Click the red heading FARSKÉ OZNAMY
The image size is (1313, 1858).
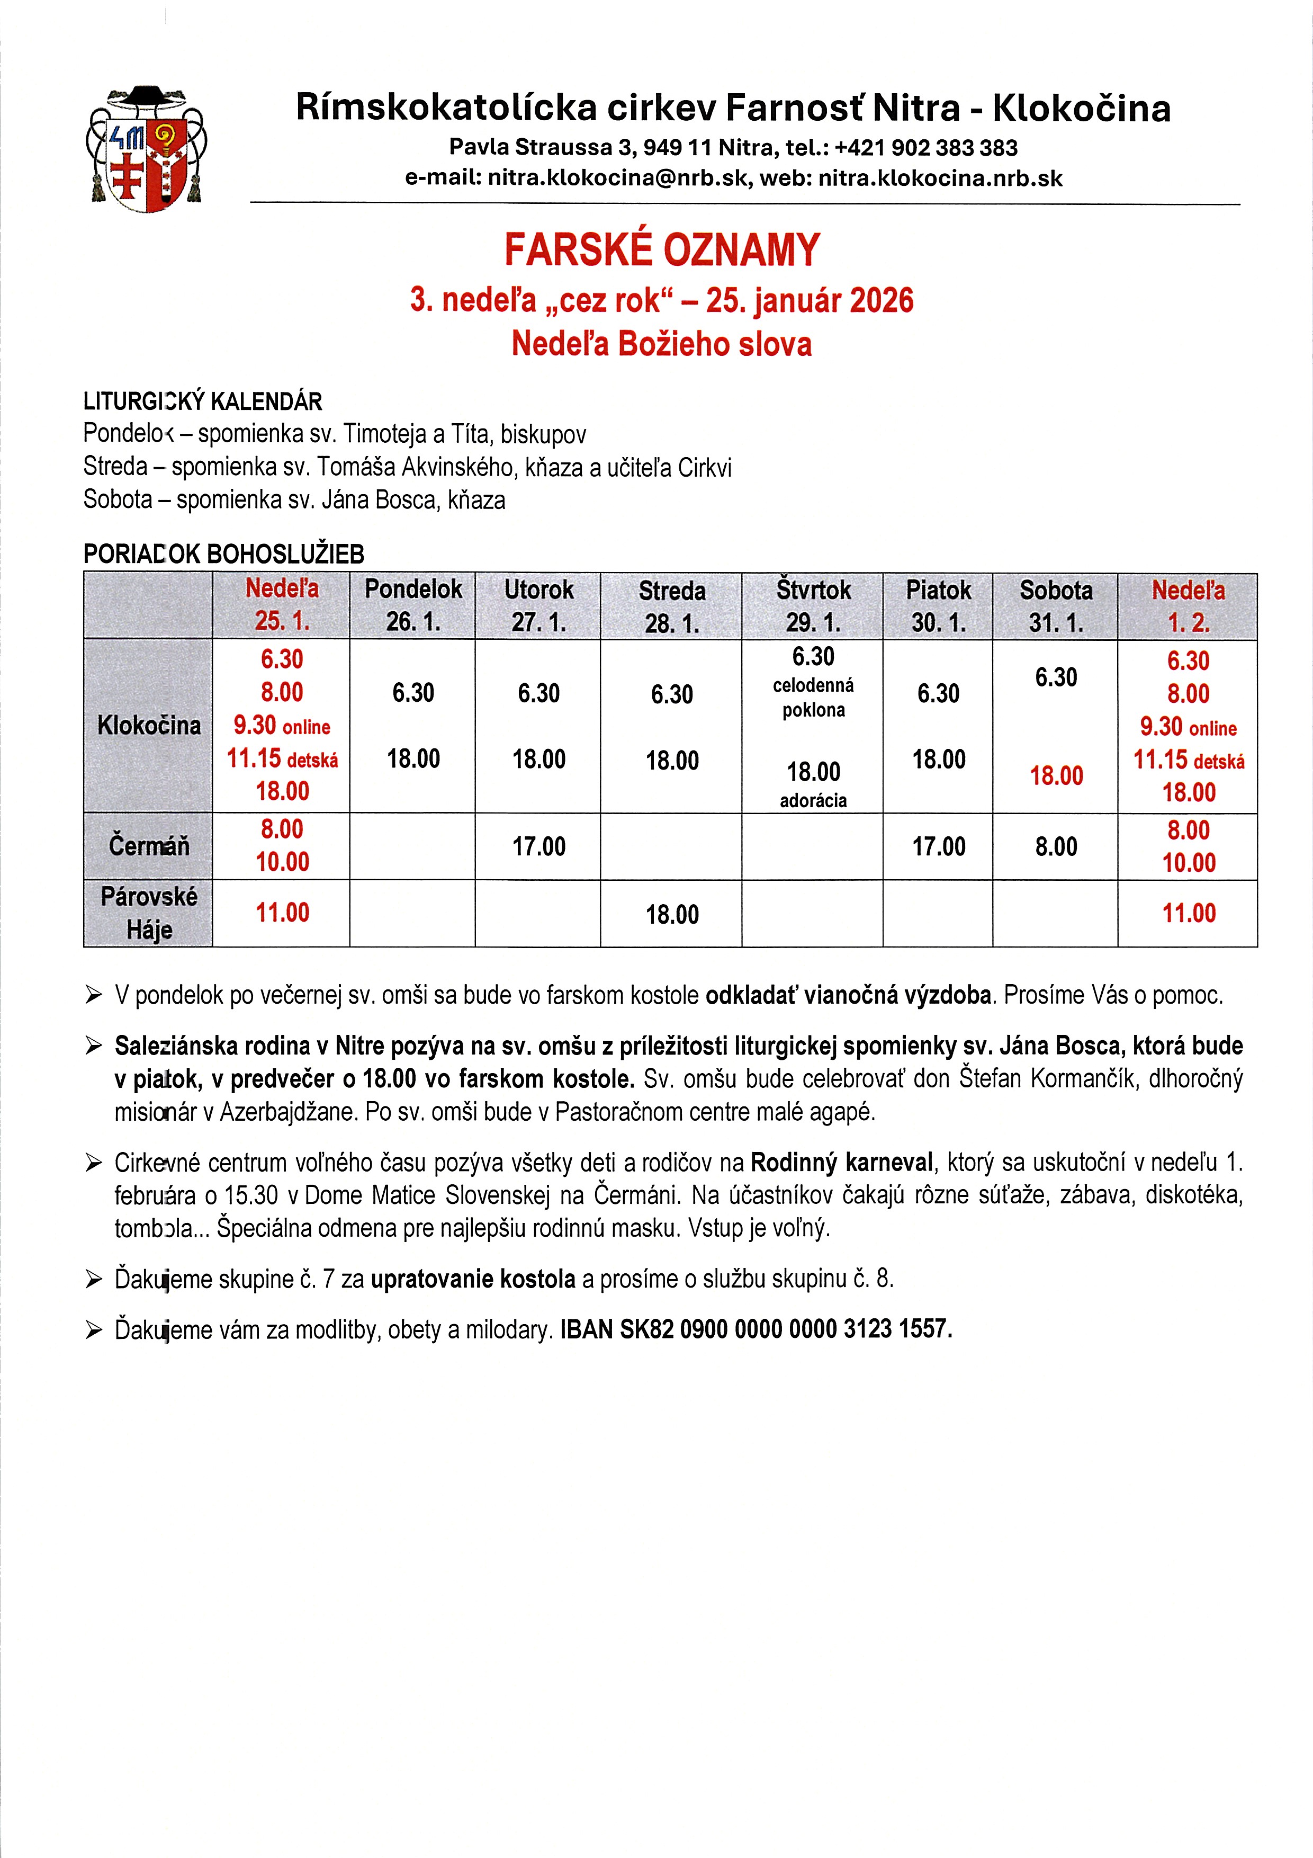pos(662,249)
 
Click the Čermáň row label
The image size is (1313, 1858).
pos(149,846)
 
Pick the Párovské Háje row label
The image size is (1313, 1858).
pos(149,913)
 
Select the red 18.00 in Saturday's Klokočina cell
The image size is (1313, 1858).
pos(1056,776)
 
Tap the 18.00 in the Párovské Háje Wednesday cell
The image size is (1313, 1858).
pos(671,914)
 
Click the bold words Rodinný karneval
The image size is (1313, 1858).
pos(841,1163)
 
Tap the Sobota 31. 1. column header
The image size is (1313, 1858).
pos(1056,606)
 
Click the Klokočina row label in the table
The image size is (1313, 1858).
pos(149,725)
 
